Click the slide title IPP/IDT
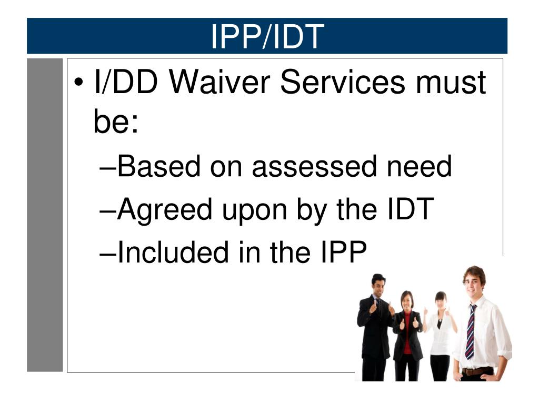tap(267, 36)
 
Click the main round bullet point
tap(79, 83)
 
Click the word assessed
tap(314, 166)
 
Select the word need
tap(419, 166)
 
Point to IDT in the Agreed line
tap(410, 209)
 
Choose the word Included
tap(173, 252)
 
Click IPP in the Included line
tap(344, 252)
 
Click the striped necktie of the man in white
tap(471, 332)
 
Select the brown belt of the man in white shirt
tap(477, 371)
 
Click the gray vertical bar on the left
tap(45, 215)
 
